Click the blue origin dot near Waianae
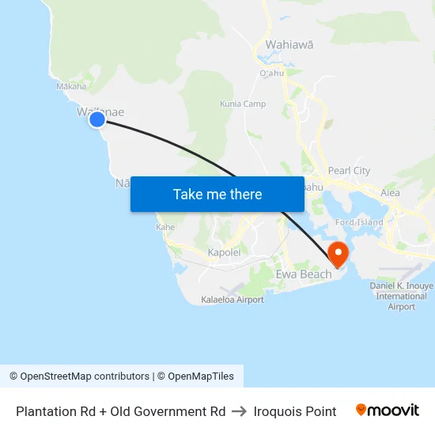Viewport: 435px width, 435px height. pyautogui.click(x=96, y=119)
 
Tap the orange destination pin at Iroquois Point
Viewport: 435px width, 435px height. pyautogui.click(x=338, y=253)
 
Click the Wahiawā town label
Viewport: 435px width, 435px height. pyautogui.click(x=289, y=45)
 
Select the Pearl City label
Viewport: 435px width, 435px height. pyautogui.click(x=349, y=171)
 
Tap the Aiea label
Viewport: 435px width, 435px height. pyautogui.click(x=390, y=192)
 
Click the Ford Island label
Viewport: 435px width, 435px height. pyautogui.click(x=359, y=222)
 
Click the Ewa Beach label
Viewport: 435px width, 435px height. pyautogui.click(x=303, y=274)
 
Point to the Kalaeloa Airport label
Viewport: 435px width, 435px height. pyautogui.click(x=233, y=300)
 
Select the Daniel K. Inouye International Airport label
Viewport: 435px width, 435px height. pyautogui.click(x=402, y=296)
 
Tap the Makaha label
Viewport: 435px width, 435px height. pyautogui.click(x=70, y=87)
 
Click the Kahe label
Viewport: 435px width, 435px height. pyautogui.click(x=165, y=227)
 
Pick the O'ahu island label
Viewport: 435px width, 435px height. pyautogui.click(x=270, y=74)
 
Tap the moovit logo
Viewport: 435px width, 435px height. pyautogui.click(x=388, y=410)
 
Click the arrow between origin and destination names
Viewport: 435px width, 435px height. pyautogui.click(x=240, y=411)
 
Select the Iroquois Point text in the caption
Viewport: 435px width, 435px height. pyautogui.click(x=295, y=411)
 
